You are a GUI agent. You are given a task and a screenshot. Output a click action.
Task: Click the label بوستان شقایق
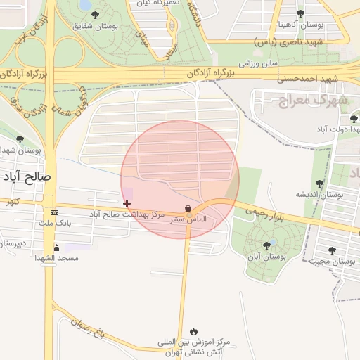click(96, 26)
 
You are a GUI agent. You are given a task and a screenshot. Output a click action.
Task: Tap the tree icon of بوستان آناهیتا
click(301, 13)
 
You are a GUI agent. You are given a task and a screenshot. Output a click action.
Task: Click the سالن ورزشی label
click(258, 63)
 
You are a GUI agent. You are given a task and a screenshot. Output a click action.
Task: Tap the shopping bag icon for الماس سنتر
click(188, 208)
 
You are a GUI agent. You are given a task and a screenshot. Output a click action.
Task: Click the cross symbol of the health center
click(127, 203)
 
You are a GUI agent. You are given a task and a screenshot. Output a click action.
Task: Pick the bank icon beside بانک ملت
click(55, 212)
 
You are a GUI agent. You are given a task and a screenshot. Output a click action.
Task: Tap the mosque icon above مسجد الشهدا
click(57, 247)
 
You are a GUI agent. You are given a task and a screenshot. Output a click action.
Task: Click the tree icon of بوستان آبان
click(266, 245)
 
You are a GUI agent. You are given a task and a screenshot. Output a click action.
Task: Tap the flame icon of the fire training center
click(194, 331)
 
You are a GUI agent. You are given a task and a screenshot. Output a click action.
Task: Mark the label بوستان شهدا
click(20, 150)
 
